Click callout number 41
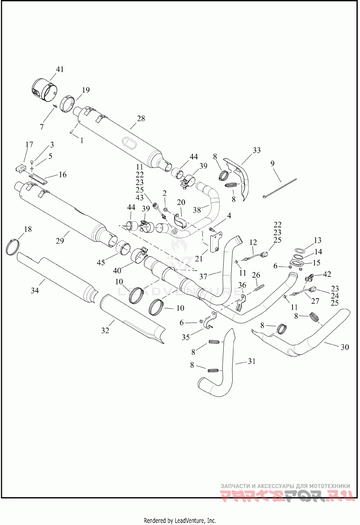pyautogui.click(x=59, y=69)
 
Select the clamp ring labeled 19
pyautogui.click(x=69, y=104)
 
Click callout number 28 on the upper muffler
pyautogui.click(x=141, y=118)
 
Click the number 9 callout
pyautogui.click(x=273, y=163)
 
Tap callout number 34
pyautogui.click(x=35, y=290)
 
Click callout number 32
pyautogui.click(x=105, y=330)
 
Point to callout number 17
pyautogui.click(x=29, y=145)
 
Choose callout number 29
pyautogui.click(x=60, y=240)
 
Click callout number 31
pyautogui.click(x=252, y=361)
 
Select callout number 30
pyautogui.click(x=345, y=347)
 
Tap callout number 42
pyautogui.click(x=327, y=274)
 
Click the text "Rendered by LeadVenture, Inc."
pyautogui.click(x=180, y=520)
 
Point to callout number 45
pyautogui.click(x=101, y=263)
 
